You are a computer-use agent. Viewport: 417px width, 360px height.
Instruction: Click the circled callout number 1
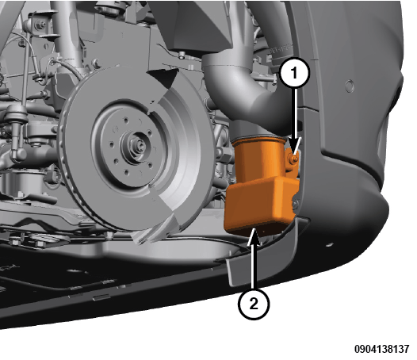[294, 73]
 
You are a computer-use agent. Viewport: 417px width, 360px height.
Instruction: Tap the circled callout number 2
[254, 304]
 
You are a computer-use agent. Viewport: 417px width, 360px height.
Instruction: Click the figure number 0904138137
[382, 349]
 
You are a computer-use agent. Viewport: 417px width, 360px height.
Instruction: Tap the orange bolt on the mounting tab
[294, 159]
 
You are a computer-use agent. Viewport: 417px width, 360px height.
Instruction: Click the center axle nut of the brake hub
[138, 146]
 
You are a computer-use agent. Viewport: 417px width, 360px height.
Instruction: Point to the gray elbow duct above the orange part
[247, 90]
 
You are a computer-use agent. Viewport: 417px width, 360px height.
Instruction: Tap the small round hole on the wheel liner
[350, 86]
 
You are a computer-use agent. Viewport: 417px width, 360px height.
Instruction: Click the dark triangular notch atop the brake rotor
[164, 77]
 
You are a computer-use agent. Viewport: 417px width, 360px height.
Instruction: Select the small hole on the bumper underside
[330, 244]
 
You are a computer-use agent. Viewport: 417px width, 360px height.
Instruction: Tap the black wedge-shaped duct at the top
[198, 27]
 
